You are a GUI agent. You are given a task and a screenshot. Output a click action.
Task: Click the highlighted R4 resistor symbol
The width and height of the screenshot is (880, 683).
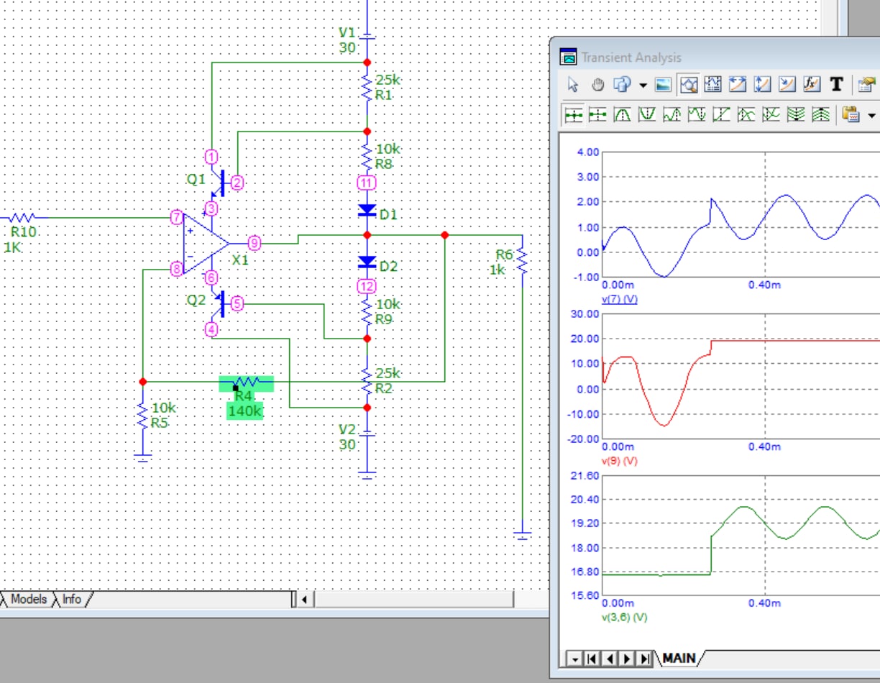point(246,382)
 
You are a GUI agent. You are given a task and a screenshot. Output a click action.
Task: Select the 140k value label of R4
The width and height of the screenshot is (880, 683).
point(244,411)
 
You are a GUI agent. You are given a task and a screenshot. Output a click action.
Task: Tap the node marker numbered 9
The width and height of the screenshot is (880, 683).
point(254,243)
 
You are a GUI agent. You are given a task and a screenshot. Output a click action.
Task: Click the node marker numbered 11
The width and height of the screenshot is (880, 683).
point(367,183)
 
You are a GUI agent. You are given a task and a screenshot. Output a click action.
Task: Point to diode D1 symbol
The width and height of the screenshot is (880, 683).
point(367,211)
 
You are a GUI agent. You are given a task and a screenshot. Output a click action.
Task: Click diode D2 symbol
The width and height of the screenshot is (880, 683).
point(367,262)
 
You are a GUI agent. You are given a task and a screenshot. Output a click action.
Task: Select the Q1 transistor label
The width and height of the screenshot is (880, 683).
point(196,179)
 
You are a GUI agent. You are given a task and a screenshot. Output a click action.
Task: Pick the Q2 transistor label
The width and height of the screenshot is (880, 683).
point(196,300)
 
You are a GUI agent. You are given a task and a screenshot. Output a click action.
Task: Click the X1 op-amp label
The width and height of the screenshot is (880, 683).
point(240,260)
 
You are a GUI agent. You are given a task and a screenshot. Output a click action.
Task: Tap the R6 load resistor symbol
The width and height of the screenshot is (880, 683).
point(523,261)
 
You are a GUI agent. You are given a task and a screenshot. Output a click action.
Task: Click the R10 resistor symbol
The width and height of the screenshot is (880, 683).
point(22,218)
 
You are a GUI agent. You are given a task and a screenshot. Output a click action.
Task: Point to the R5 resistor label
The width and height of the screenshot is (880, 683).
point(159,423)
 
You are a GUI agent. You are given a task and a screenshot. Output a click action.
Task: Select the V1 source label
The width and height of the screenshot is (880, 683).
point(347,32)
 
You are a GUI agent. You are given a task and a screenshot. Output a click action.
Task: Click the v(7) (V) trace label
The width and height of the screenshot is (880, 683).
point(620,299)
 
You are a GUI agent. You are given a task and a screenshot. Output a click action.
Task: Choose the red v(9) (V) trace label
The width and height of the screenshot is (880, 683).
point(620,461)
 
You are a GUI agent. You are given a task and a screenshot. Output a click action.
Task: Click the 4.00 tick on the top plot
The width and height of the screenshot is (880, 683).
point(588,152)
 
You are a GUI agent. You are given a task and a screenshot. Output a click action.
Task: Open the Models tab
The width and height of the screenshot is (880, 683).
point(28,599)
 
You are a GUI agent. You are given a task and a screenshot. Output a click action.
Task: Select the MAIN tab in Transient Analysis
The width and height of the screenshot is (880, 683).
point(679,658)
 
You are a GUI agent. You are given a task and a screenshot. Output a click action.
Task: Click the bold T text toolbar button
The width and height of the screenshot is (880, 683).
point(837,84)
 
